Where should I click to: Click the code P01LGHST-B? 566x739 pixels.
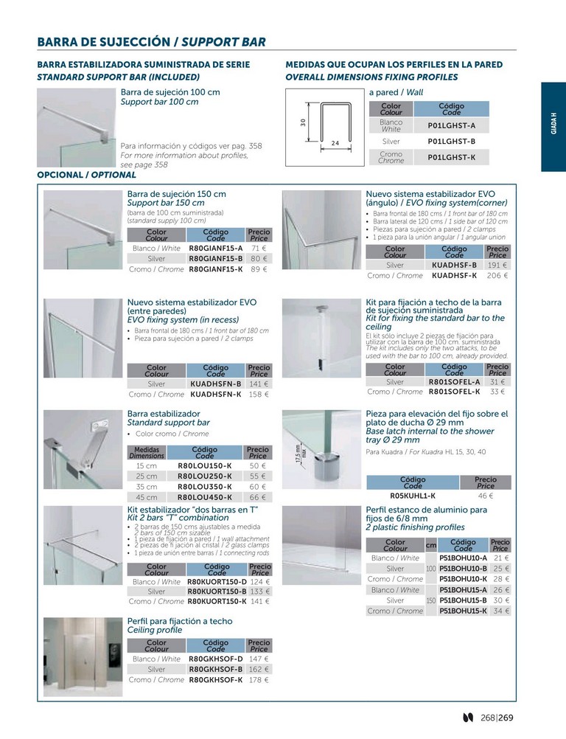(x=451, y=142)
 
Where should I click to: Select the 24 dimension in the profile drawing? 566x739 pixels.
(x=335, y=143)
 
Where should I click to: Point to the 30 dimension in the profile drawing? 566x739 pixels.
(x=303, y=122)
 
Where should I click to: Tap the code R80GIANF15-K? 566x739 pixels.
(x=216, y=270)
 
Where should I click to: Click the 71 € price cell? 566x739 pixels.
(x=259, y=249)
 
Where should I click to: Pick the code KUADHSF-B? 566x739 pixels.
(x=455, y=266)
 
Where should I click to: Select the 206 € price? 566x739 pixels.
(x=497, y=276)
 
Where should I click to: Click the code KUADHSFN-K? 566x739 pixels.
(x=216, y=395)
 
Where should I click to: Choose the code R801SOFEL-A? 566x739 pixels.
(x=455, y=382)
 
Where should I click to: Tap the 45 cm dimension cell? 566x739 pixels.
(x=147, y=497)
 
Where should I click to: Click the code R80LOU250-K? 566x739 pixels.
(x=205, y=476)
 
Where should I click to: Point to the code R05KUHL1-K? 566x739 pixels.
(x=413, y=496)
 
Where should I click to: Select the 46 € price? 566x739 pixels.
(x=486, y=496)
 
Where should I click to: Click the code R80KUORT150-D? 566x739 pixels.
(x=217, y=582)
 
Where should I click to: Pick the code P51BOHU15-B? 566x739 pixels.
(x=464, y=600)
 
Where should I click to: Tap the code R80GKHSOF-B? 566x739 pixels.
(x=216, y=669)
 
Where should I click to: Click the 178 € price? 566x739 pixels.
(x=259, y=680)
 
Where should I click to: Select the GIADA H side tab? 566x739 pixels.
(x=553, y=123)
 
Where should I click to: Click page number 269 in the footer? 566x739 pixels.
(x=506, y=718)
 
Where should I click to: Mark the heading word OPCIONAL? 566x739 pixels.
(x=60, y=175)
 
